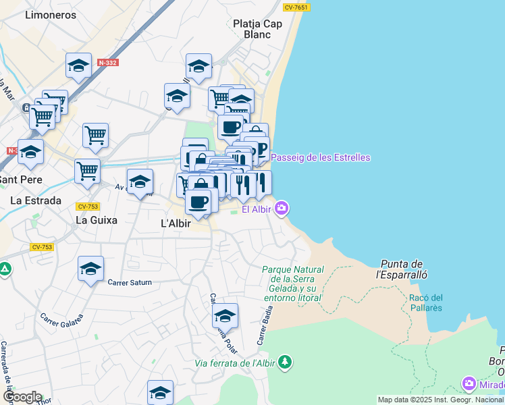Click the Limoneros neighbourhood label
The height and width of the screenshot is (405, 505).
50,14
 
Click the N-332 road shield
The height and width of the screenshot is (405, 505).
107,62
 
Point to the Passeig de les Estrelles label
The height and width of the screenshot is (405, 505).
321,157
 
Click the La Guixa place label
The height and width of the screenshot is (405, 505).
96,219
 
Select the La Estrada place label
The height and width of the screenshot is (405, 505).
36,200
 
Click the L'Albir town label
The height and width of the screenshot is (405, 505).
176,223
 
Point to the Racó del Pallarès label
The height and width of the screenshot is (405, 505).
425,302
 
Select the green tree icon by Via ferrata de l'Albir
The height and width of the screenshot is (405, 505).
285,362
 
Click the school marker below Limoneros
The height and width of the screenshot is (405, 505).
79,65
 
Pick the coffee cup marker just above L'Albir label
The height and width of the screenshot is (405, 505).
198,201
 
